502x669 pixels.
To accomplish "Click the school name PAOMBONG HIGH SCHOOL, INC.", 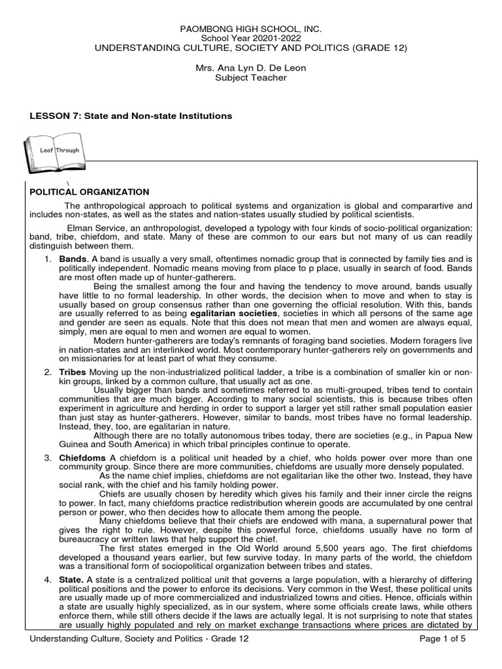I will (x=251, y=30).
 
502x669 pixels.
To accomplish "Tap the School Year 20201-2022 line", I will (x=251, y=39).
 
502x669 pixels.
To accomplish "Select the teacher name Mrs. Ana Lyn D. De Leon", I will (x=251, y=69).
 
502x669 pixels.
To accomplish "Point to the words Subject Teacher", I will (x=251, y=78).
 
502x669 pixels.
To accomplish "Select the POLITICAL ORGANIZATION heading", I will (x=90, y=192).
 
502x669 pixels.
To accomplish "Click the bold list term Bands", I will (x=73, y=259).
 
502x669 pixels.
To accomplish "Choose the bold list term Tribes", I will (x=73, y=372).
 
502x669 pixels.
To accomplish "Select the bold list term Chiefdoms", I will (x=82, y=458).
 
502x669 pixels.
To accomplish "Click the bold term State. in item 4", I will (x=72, y=580).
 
